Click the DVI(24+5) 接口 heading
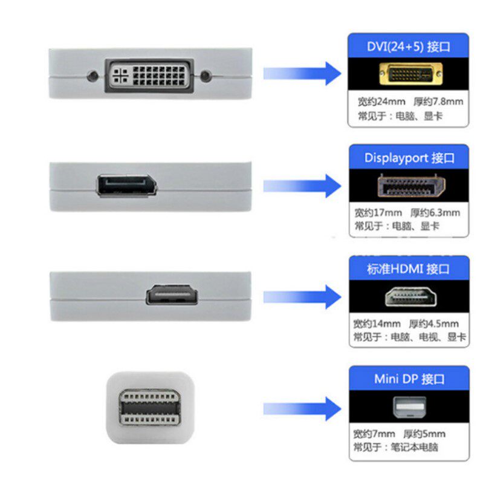coord(409,45)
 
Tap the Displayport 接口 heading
coord(409,158)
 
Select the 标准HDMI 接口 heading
coord(409,269)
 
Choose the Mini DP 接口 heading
coord(409,380)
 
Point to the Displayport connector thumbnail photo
coord(409,185)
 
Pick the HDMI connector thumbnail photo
coord(409,297)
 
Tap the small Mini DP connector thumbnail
coord(409,407)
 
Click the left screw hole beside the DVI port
coord(92,77)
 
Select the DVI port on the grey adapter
coord(149,76)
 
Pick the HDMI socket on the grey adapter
coord(172,296)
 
